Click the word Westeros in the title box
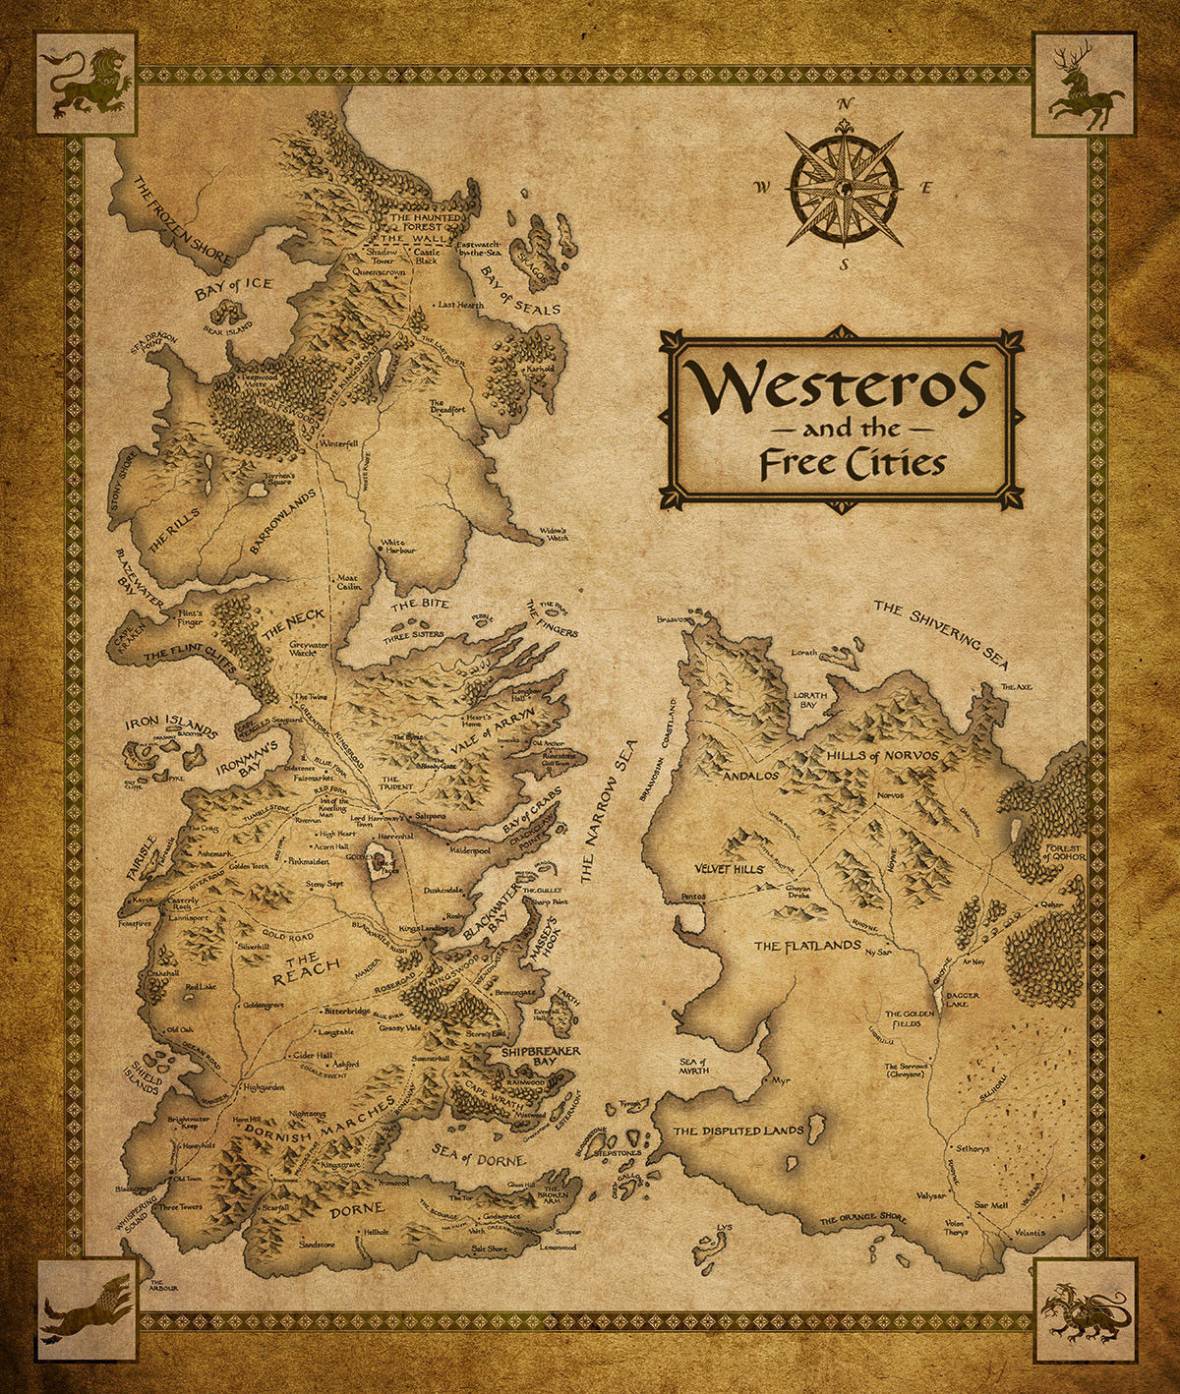pos(839,387)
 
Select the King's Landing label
pos(424,929)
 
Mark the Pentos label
pos(696,899)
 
